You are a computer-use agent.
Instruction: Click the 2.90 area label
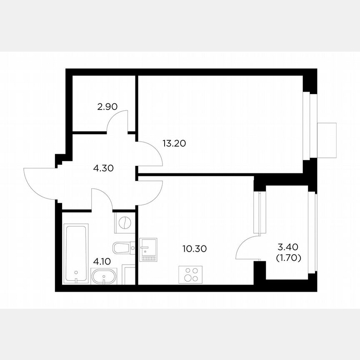click(107, 107)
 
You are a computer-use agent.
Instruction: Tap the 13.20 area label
click(174, 144)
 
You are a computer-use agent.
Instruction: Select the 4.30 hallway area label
click(103, 169)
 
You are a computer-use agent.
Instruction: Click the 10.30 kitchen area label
click(195, 249)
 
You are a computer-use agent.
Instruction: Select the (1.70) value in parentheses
click(288, 258)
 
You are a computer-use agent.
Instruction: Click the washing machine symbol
click(125, 223)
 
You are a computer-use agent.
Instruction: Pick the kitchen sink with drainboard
click(148, 249)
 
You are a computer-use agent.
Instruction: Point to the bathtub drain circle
click(76, 273)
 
